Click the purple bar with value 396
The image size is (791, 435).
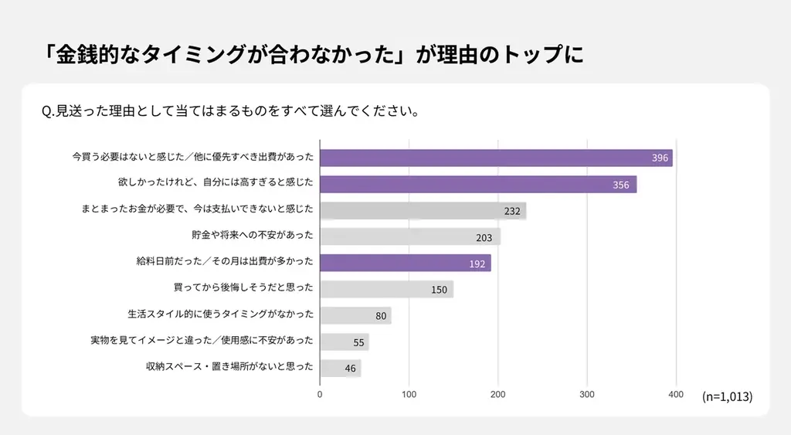496,158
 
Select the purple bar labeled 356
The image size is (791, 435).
478,185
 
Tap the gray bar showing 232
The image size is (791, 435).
423,210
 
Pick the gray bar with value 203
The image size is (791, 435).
410,236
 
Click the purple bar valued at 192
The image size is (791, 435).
406,263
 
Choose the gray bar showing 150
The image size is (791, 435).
386,289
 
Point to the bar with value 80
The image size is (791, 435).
355,315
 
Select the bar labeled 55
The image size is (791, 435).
345,342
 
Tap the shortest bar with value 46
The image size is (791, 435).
341,368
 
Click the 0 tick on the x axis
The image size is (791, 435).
321,394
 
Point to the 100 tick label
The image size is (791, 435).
409,394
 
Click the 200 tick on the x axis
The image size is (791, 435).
498,394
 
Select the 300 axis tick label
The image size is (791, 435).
587,394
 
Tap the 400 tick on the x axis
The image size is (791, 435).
676,394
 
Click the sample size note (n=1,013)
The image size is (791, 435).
727,396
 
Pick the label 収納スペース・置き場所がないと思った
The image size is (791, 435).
229,367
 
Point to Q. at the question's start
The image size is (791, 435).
47,110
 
